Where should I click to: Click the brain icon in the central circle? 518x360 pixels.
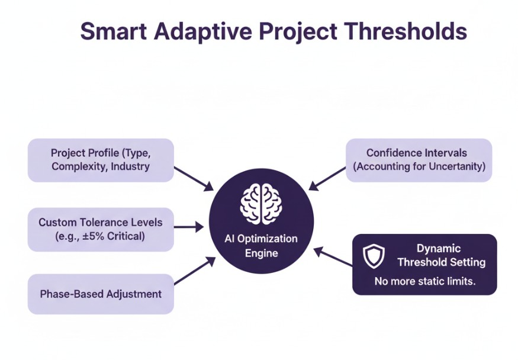pos(259,203)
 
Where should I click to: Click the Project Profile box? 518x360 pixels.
pos(101,160)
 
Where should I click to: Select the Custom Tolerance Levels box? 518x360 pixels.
pos(101,229)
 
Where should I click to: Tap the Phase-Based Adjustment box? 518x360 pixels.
pos(101,294)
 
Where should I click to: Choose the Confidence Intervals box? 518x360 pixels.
pos(419,160)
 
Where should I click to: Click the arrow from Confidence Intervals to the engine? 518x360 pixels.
pos(327,178)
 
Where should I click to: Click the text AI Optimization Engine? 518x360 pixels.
pos(261,246)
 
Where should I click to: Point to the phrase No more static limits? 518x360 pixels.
pos(424,281)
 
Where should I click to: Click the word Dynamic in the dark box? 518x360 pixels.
pos(438,249)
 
